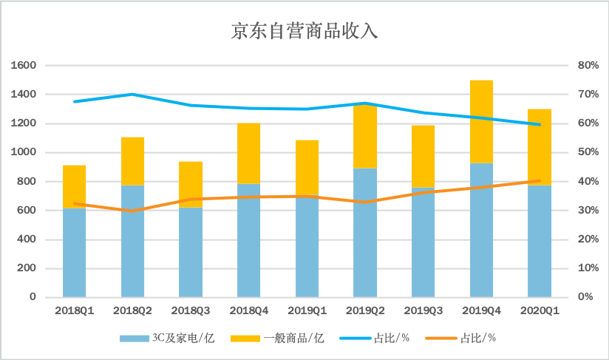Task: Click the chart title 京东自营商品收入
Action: click(x=304, y=32)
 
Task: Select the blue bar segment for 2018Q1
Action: click(x=74, y=255)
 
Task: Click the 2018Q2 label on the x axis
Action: click(x=132, y=311)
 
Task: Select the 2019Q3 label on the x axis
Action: click(x=423, y=311)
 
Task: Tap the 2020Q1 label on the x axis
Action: click(x=540, y=311)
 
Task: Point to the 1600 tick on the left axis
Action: click(x=24, y=66)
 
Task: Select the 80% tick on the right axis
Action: click(x=588, y=66)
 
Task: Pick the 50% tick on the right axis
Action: click(x=588, y=152)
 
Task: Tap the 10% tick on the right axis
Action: click(x=588, y=268)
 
